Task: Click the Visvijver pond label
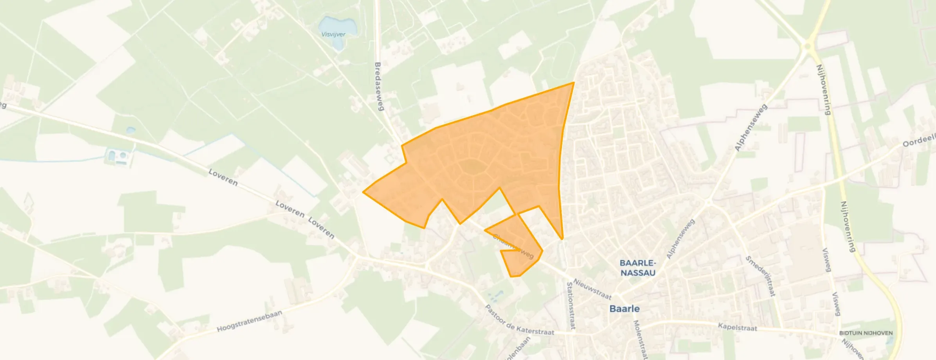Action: pos(333,34)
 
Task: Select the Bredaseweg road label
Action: pos(378,86)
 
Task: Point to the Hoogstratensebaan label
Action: pos(249,321)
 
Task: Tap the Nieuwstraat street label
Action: pos(592,289)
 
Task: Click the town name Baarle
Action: pos(625,309)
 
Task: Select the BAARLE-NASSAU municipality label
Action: pos(638,268)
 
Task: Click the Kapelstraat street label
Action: pos(737,328)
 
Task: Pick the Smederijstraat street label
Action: pos(760,276)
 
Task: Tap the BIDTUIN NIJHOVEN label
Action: pos(866,333)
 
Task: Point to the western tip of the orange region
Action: pos(364,192)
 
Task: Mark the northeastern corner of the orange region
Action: pos(574,83)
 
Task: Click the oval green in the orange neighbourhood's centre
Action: pos(474,167)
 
